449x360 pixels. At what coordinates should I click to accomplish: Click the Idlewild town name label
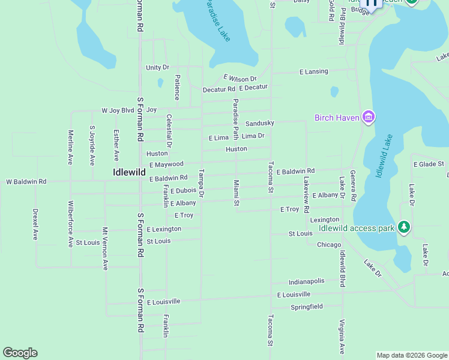pyautogui.click(x=129, y=172)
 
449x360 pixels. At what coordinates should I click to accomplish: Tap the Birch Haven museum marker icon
pyautogui.click(x=368, y=117)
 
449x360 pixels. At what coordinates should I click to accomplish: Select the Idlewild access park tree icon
pyautogui.click(x=404, y=227)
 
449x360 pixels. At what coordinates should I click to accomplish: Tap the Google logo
pyautogui.click(x=20, y=353)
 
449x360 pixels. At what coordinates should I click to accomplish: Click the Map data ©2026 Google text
pyautogui.click(x=411, y=355)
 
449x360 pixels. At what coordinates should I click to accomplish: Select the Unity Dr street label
pyautogui.click(x=158, y=68)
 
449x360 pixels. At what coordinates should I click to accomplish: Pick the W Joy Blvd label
pyautogui.click(x=118, y=110)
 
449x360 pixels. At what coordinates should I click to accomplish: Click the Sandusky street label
pyautogui.click(x=260, y=123)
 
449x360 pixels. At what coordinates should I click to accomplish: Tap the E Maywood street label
pyautogui.click(x=166, y=164)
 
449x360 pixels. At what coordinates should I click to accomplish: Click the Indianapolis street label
pyautogui.click(x=306, y=281)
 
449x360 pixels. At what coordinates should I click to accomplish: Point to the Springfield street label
pyautogui.click(x=307, y=307)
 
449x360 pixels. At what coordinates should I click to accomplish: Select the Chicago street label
pyautogui.click(x=329, y=245)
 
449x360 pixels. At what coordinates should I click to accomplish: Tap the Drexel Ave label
pyautogui.click(x=35, y=224)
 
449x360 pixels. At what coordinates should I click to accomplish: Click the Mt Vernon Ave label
pyautogui.click(x=105, y=248)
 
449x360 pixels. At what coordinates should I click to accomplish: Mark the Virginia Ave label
pyautogui.click(x=342, y=337)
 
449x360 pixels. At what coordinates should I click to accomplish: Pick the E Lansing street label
pyautogui.click(x=314, y=71)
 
